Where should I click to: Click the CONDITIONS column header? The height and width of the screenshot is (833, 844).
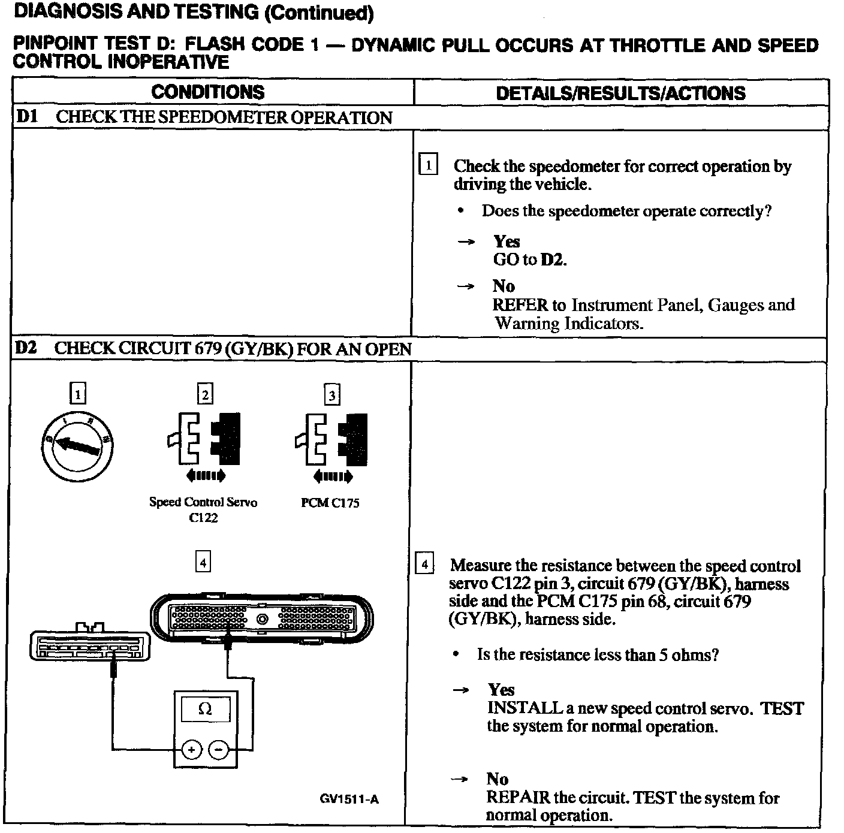pyautogui.click(x=207, y=92)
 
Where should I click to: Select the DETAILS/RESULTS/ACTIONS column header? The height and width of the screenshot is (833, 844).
pyautogui.click(x=620, y=93)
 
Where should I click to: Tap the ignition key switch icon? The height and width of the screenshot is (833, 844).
pyautogui.click(x=77, y=445)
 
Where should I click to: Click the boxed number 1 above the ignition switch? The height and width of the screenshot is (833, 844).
pyautogui.click(x=78, y=394)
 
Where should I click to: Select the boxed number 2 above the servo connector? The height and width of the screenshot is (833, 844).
pyautogui.click(x=205, y=394)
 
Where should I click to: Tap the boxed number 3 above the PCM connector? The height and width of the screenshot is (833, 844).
pyautogui.click(x=331, y=395)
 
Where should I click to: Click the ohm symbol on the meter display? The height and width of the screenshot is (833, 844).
pyautogui.click(x=205, y=710)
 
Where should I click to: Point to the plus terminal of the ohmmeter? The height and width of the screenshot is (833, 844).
pyautogui.click(x=191, y=749)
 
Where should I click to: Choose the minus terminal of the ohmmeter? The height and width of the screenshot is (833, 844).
pyautogui.click(x=219, y=749)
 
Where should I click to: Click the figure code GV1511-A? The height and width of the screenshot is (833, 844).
pyautogui.click(x=349, y=799)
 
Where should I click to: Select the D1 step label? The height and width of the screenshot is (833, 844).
pyautogui.click(x=26, y=117)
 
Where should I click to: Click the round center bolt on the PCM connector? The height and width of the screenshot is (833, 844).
pyautogui.click(x=262, y=619)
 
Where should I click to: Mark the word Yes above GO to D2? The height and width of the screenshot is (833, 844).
pyautogui.click(x=507, y=242)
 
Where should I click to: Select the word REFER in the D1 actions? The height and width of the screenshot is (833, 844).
pyautogui.click(x=520, y=305)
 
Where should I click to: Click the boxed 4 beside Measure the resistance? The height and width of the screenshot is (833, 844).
pyautogui.click(x=424, y=565)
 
